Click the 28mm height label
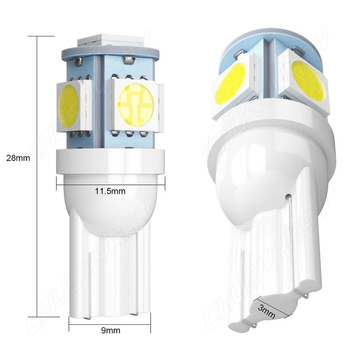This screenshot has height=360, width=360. coord(18,158)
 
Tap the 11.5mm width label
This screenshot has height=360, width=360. coord(110,191)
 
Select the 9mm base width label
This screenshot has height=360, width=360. coord(111,330)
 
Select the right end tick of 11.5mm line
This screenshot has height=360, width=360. coord(165,184)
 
